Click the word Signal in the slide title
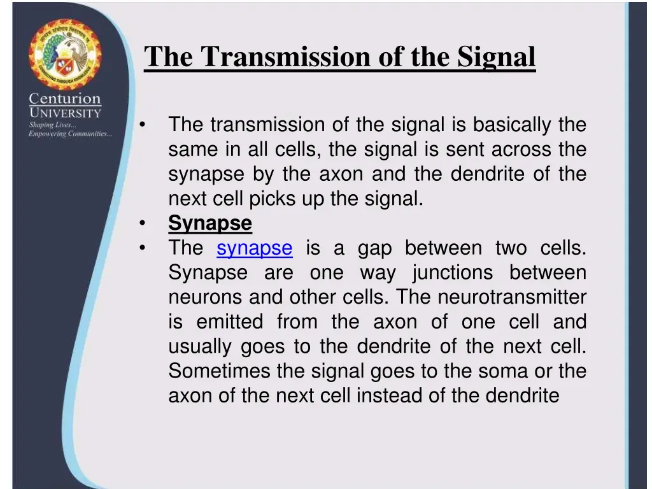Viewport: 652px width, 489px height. click(x=495, y=57)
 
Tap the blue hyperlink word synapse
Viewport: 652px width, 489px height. click(x=255, y=248)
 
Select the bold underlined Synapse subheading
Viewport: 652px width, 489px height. click(x=210, y=223)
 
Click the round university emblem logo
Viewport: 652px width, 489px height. click(x=64, y=55)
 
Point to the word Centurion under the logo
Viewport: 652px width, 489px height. click(x=64, y=99)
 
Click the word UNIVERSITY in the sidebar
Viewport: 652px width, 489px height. click(x=64, y=113)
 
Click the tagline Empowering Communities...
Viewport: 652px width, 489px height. click(x=70, y=134)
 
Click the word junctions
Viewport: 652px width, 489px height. click(x=452, y=273)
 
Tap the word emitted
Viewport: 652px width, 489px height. click(x=230, y=322)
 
